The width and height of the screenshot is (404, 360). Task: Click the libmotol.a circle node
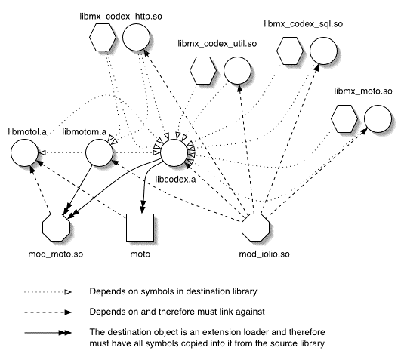tap(24, 152)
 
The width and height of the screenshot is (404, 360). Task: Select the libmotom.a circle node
tap(99, 152)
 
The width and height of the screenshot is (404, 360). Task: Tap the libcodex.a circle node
tap(174, 152)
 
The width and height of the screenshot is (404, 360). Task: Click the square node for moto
tap(140, 228)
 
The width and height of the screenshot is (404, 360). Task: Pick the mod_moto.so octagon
tap(56, 228)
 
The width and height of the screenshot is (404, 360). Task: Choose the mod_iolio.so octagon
tap(255, 228)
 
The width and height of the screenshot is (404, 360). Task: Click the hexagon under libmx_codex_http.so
tap(103, 37)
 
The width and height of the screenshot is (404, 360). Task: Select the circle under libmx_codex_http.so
tap(136, 37)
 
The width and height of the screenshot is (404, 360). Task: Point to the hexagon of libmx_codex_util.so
tap(203, 70)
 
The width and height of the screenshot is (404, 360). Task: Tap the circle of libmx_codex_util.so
tap(237, 70)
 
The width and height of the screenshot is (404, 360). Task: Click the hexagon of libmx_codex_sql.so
tap(290, 51)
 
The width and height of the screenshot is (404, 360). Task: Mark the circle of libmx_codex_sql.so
tap(323, 51)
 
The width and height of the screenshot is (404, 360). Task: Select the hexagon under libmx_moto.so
tap(344, 118)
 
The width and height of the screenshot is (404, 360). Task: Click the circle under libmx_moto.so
tap(378, 118)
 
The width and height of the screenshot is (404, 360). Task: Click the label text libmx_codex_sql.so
tap(304, 24)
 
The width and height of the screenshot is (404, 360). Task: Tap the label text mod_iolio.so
tap(264, 254)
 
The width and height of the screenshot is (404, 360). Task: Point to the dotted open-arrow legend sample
tap(48, 292)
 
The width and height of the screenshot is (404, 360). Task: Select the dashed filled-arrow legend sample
tap(48, 312)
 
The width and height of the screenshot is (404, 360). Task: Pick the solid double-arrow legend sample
tap(48, 333)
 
